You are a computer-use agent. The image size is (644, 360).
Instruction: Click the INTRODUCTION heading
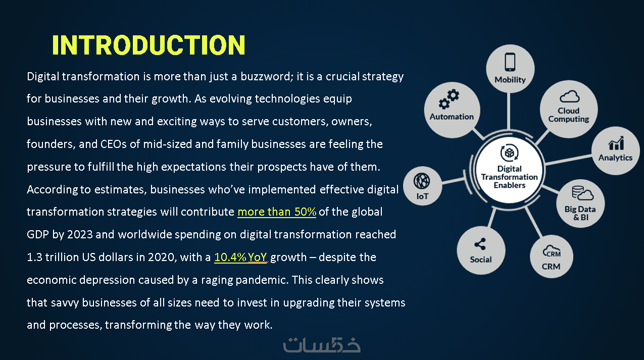tap(148, 45)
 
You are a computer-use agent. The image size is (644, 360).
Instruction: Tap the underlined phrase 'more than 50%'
tap(277, 212)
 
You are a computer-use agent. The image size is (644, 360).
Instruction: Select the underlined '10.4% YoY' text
tap(240, 257)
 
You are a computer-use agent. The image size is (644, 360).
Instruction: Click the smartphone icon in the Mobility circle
tap(510, 62)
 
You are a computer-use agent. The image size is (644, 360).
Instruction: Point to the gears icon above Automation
tap(449, 99)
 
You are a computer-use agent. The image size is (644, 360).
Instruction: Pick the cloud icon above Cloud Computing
tap(569, 97)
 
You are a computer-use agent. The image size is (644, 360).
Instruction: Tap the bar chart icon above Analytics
tap(616, 143)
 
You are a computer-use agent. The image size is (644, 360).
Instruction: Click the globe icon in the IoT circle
tap(422, 181)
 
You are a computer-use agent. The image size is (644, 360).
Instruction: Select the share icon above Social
tap(480, 244)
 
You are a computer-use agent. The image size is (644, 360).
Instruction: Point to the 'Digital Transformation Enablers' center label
tap(510, 177)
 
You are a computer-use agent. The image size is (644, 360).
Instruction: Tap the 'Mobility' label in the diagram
tap(510, 80)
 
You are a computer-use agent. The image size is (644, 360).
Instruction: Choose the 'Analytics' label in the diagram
tap(616, 158)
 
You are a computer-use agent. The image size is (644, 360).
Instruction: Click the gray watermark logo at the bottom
tap(322, 344)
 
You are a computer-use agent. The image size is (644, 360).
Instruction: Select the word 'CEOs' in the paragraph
tap(113, 144)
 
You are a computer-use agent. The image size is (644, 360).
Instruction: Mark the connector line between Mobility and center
tap(509, 111)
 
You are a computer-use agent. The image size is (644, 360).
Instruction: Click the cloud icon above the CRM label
tap(552, 251)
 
